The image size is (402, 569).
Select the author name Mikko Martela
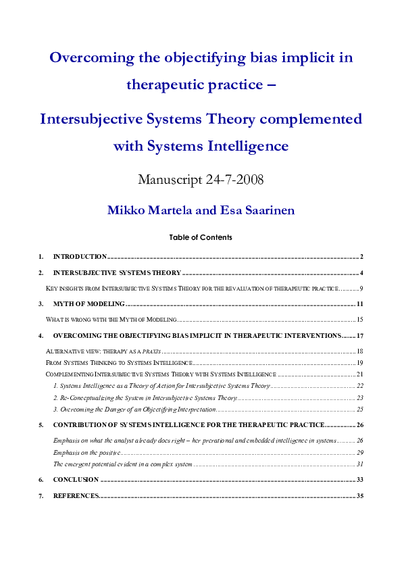[149, 210]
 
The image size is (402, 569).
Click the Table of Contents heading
[201, 237]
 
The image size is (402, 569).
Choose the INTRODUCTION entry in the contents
[80, 257]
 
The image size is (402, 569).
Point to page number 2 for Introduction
[362, 257]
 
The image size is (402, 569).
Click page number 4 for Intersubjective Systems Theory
[362, 273]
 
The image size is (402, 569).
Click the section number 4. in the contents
[41, 336]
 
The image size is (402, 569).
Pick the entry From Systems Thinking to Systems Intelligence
[109, 363]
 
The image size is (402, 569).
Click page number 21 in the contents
[360, 374]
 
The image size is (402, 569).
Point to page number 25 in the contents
[360, 410]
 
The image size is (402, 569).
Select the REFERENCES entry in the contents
[76, 496]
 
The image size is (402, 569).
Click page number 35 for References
[360, 496]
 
